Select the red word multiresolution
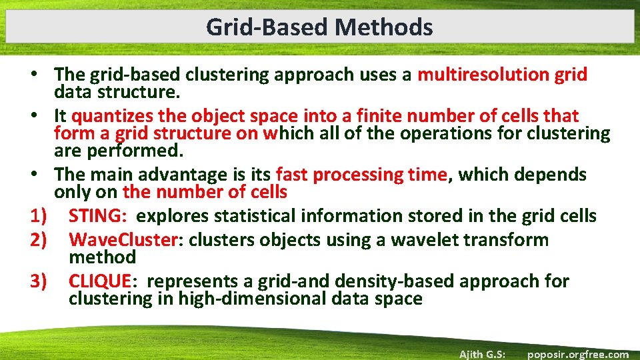click(483, 75)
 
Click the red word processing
click(357, 175)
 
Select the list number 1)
click(41, 217)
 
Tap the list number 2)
click(41, 241)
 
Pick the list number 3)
click(41, 282)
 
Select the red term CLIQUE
click(101, 282)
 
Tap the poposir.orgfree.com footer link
click(577, 354)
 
